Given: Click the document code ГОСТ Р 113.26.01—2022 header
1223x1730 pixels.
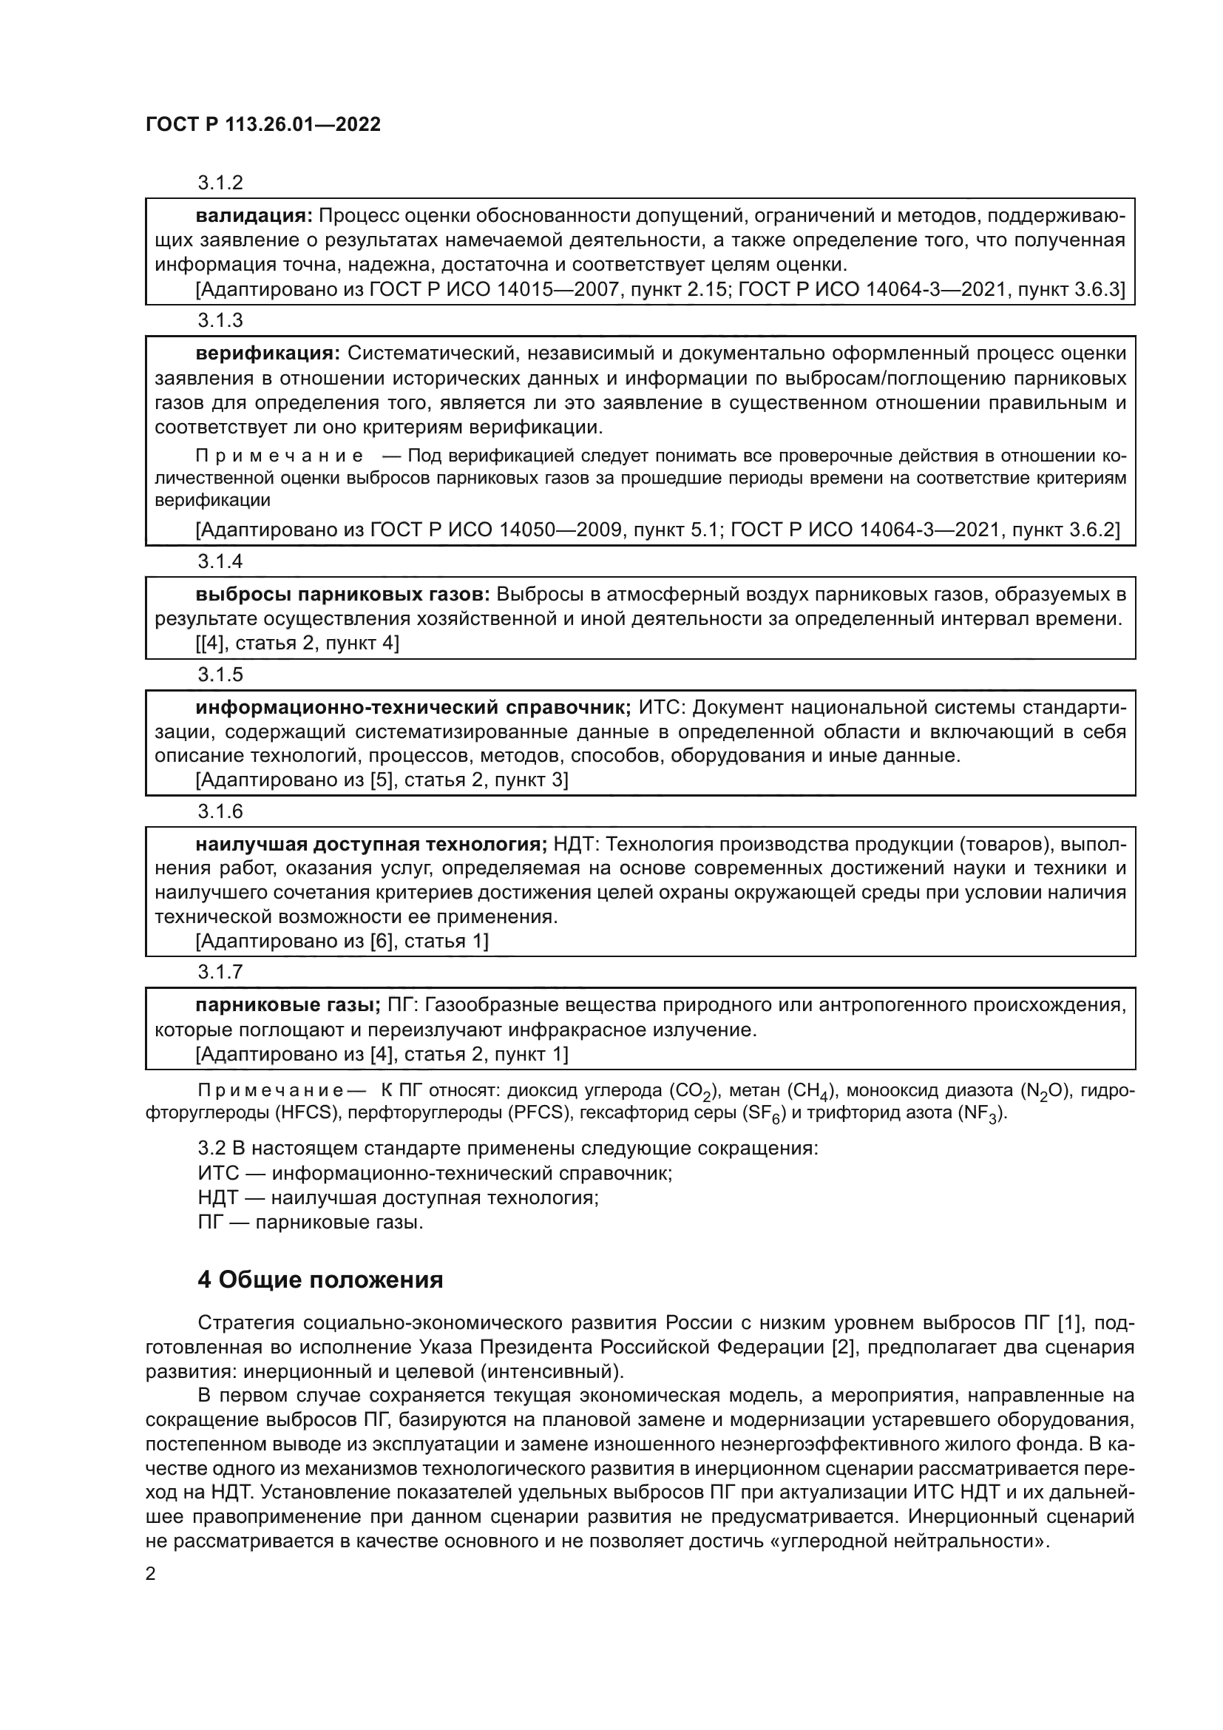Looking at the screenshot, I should pos(262,125).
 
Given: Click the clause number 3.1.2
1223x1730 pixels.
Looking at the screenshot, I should pos(220,183).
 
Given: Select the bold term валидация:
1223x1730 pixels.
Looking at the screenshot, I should pos(254,216).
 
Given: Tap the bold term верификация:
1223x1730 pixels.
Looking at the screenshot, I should pos(268,354).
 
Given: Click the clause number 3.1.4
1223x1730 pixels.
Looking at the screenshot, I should pos(220,561).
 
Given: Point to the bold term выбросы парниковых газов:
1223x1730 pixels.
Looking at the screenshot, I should pos(342,595).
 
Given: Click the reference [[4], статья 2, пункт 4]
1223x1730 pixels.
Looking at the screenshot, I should pos(297,643).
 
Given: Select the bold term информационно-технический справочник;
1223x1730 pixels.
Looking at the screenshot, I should pos(413,708).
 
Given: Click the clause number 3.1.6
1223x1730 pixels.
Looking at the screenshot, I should pos(220,811).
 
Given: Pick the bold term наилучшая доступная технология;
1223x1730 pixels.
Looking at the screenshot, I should pos(370,844).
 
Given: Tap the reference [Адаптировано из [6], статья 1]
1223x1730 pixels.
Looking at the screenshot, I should pos(342,940).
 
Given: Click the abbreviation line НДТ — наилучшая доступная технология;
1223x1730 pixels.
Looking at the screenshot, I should pos(398,1197).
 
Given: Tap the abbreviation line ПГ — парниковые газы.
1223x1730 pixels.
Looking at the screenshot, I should pos(311,1221).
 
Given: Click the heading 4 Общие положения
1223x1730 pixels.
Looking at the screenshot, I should pos(320,1280).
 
